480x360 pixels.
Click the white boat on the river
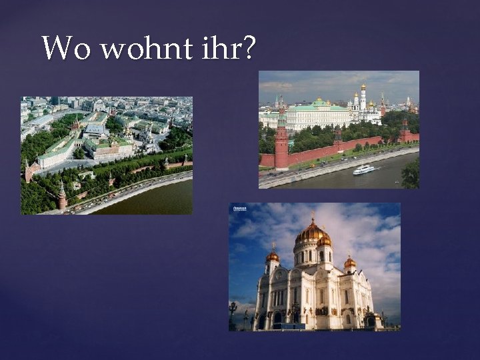pyautogui.click(x=363, y=170)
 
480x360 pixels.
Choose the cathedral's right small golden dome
pyautogui.click(x=350, y=263)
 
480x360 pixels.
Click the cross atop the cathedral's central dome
pyautogui.click(x=311, y=217)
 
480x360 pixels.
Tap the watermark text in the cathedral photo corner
pyautogui.click(x=239, y=209)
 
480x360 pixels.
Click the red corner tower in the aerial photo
pyautogui.click(x=62, y=197)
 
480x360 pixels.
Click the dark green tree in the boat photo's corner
pyautogui.click(x=411, y=175)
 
